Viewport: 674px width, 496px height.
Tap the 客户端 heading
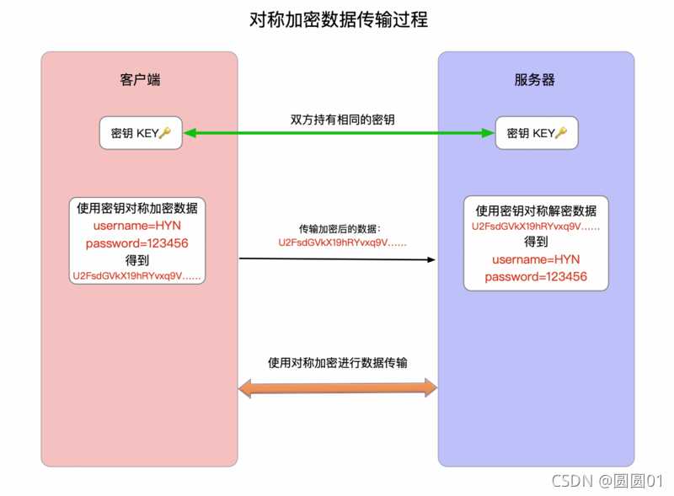coord(140,80)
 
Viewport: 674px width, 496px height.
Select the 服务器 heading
coord(535,80)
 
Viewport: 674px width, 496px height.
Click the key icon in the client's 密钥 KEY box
coord(165,133)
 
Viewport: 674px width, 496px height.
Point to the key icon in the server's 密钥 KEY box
coord(561,133)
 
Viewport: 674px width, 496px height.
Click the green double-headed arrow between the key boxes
coord(338,133)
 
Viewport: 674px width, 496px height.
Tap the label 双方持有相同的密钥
coord(338,120)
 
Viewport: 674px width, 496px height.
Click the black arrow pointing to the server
coord(338,259)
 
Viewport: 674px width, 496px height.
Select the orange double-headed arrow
coord(338,387)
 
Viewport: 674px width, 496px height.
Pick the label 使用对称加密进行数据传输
coord(338,363)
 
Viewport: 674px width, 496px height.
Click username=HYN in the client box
coord(136,226)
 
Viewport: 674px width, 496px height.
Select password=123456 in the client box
coord(136,243)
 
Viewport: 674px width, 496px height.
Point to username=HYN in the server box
coord(536,259)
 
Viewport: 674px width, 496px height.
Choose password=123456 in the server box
coord(536,276)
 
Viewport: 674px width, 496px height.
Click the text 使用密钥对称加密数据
coord(136,209)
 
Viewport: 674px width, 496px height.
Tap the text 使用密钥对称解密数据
coord(536,211)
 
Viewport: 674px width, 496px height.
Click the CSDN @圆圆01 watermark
coord(607,481)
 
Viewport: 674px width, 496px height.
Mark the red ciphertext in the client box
coord(138,275)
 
